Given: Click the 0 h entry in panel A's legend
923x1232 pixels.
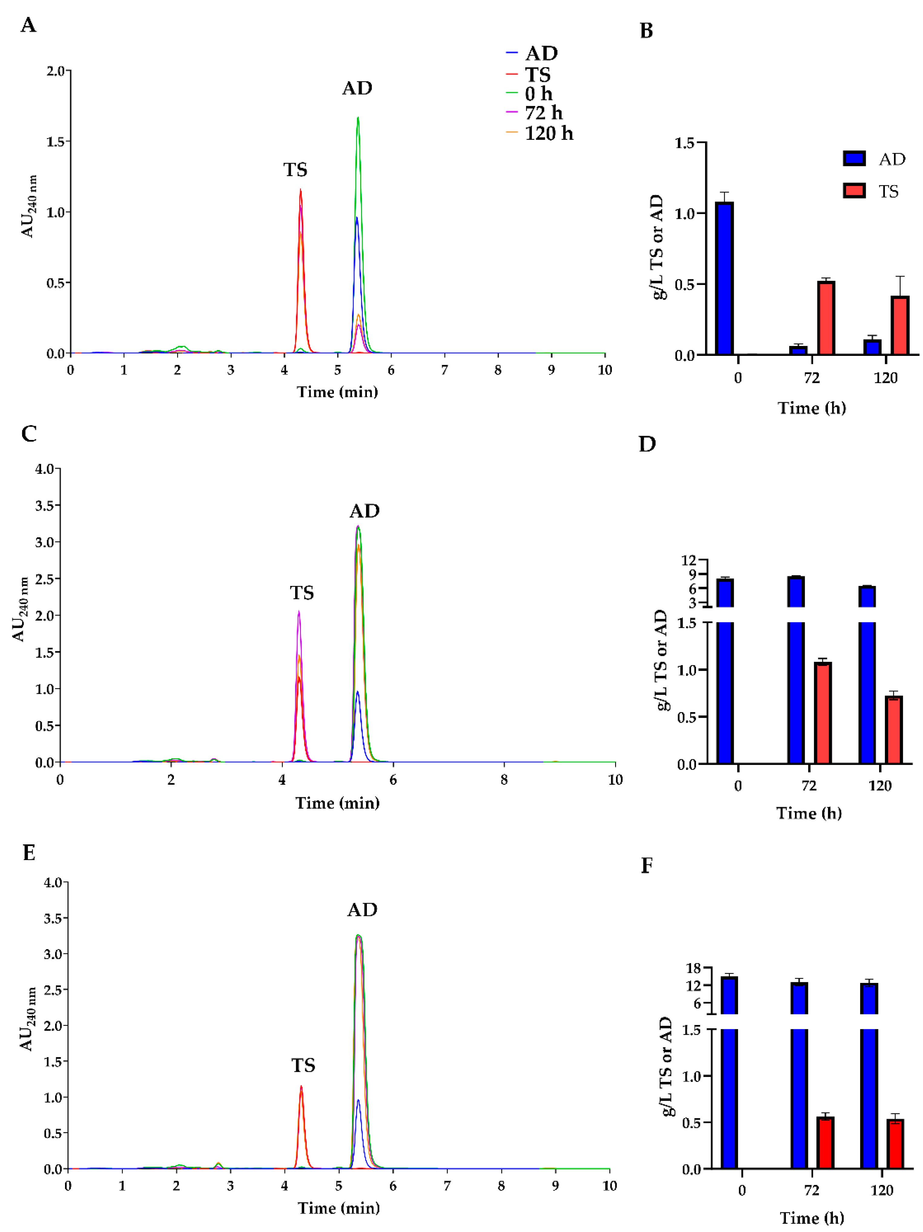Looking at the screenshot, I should coord(538,94).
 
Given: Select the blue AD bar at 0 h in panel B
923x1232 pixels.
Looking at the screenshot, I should coord(724,278).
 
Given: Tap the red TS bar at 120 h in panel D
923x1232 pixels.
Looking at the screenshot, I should coord(893,730).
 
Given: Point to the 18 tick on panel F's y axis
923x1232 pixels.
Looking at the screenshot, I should coord(693,968).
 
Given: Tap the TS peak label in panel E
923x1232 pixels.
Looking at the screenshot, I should coord(303,1066).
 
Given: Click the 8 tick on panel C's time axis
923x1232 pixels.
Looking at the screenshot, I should coord(503,780).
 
